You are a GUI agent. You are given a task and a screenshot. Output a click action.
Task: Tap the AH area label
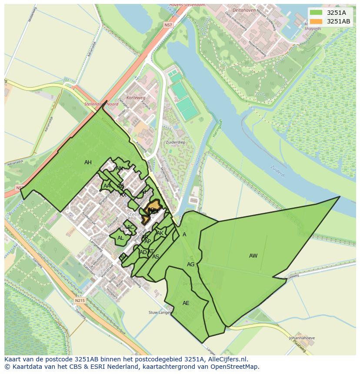tap(88, 162)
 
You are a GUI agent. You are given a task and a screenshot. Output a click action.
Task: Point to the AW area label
tap(253, 256)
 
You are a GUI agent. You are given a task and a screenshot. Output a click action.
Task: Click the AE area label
tap(186, 303)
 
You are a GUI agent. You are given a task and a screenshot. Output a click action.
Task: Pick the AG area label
tap(190, 265)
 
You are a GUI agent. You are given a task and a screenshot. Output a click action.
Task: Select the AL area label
tap(120, 238)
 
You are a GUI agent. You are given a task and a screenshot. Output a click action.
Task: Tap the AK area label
tap(160, 233)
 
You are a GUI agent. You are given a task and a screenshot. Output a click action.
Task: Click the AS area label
tap(155, 257)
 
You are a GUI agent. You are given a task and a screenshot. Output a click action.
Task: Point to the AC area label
tap(130, 227)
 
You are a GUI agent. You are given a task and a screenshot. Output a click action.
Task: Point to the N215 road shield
tap(79, 300)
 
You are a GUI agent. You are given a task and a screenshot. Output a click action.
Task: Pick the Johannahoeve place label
tap(302, 338)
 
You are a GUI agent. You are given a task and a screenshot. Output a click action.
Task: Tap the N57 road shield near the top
tap(168, 25)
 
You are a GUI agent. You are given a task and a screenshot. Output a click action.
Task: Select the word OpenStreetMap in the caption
tap(237, 367)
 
